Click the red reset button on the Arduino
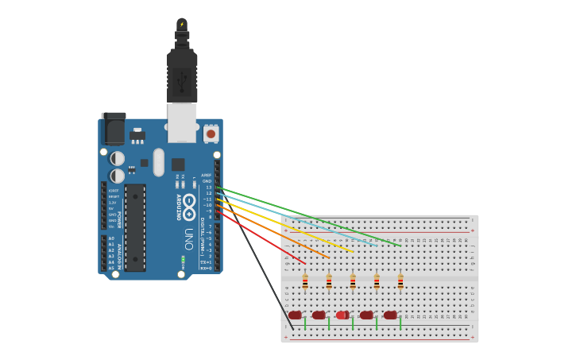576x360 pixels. click(x=211, y=134)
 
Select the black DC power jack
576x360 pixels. click(x=113, y=129)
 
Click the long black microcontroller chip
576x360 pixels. click(x=135, y=227)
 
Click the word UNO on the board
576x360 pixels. click(x=188, y=238)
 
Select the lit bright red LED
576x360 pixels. click(x=342, y=315)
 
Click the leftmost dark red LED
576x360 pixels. click(x=296, y=315)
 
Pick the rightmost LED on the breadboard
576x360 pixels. click(x=390, y=315)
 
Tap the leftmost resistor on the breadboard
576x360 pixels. click(x=305, y=282)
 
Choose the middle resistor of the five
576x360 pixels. click(x=353, y=282)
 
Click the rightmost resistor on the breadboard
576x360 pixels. click(x=400, y=282)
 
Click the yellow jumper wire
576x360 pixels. click(x=294, y=227)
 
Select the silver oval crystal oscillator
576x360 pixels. click(x=159, y=162)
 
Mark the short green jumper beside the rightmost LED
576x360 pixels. click(x=400, y=323)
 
